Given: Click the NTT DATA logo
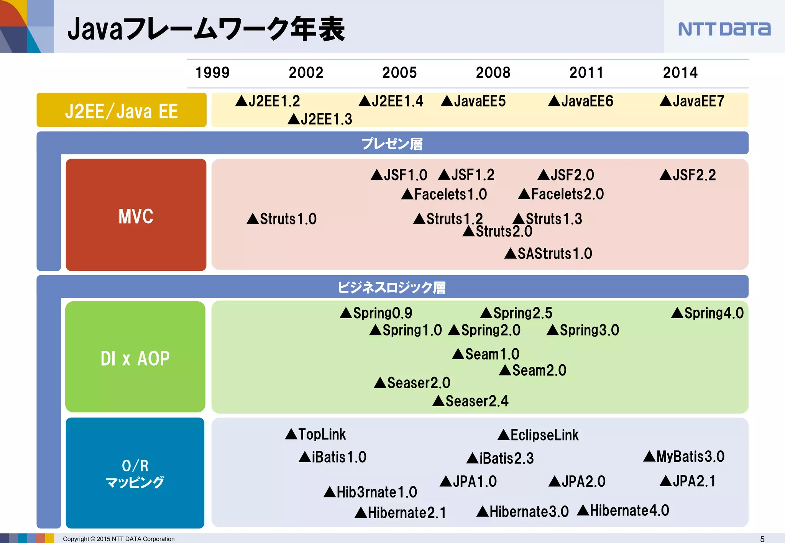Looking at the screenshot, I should click(724, 29).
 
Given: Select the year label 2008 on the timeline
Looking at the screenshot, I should click(493, 73).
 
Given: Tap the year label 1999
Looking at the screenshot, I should click(212, 73).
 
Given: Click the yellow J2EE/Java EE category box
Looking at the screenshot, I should click(121, 110).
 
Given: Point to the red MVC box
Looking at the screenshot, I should click(136, 215).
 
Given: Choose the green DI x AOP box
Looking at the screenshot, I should click(135, 357).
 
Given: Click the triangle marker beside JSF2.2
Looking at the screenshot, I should click(666, 175).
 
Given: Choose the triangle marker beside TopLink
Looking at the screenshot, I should click(291, 434).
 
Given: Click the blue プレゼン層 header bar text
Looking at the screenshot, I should click(392, 144).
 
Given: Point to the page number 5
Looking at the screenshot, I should click(762, 539).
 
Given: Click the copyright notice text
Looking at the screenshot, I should click(118, 539).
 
